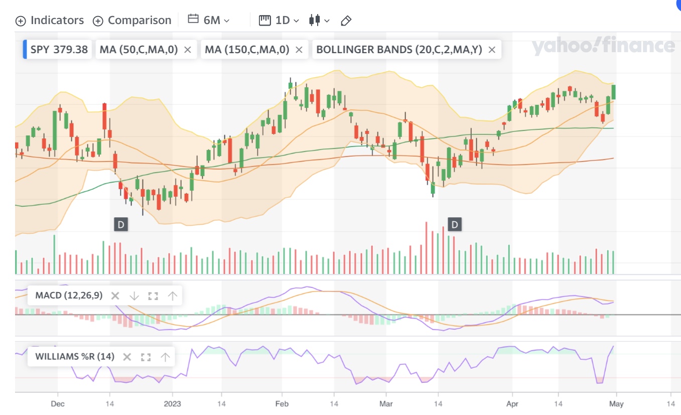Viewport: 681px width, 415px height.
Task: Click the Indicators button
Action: point(50,21)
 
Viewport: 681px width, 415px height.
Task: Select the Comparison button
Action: point(132,21)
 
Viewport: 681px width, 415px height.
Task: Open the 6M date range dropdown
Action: point(208,20)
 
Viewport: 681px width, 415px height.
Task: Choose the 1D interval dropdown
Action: point(279,20)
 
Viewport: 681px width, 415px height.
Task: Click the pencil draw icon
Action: point(346,21)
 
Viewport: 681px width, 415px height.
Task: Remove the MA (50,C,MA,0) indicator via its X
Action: point(188,50)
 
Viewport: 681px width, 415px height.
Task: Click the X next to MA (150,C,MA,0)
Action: point(299,50)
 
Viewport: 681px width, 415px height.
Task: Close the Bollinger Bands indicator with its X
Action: point(492,50)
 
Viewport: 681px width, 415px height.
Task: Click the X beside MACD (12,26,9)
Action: point(115,296)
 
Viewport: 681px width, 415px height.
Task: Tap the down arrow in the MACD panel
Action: point(134,296)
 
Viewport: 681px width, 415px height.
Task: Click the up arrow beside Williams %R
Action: point(165,357)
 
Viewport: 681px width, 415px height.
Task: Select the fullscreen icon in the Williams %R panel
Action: point(146,357)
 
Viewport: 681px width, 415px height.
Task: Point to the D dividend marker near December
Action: point(120,224)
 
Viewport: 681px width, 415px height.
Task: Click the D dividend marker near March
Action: point(455,224)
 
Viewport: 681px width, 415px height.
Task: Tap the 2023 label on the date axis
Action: point(172,403)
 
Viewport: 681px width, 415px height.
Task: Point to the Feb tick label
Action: point(282,403)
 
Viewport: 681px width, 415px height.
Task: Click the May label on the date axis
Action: point(616,403)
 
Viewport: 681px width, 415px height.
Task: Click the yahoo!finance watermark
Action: point(603,46)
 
